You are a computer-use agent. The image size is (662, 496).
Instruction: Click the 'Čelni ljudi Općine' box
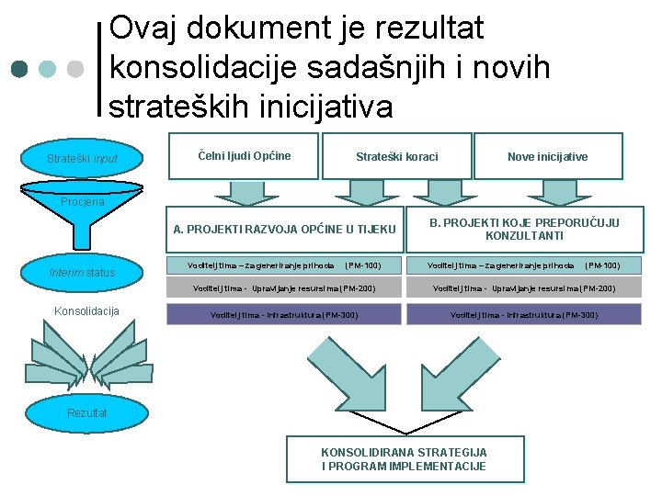(245, 156)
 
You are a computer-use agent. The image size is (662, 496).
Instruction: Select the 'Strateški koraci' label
(397, 157)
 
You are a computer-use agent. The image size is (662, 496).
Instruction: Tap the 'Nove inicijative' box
(548, 157)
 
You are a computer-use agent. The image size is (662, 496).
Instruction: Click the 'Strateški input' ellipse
(83, 159)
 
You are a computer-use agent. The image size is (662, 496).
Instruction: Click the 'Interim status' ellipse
(83, 272)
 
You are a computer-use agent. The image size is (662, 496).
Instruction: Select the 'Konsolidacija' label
(86, 311)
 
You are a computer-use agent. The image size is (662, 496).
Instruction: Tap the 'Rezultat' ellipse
(86, 413)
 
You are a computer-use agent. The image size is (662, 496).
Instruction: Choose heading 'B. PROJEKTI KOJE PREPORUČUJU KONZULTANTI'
(525, 229)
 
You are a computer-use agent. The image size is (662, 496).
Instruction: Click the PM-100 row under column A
(284, 265)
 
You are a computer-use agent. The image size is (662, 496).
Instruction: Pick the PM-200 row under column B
(524, 288)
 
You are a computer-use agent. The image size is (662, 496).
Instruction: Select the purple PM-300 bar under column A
(284, 315)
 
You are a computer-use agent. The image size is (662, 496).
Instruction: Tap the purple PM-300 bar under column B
(524, 315)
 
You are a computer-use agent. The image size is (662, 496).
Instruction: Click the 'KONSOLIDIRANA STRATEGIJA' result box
(405, 459)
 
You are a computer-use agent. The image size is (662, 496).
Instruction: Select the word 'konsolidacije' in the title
(206, 68)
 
